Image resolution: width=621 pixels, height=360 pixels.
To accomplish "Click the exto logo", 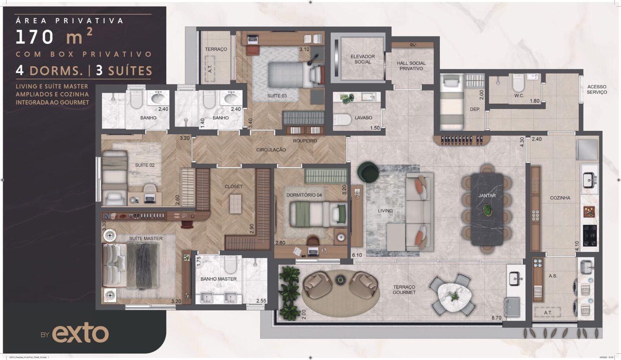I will [80, 334].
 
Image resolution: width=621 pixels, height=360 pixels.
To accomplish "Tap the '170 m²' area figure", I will [54, 37].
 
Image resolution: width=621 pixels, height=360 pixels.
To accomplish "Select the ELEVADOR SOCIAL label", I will [363, 59].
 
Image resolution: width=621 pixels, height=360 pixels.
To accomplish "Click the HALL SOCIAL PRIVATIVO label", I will [411, 66].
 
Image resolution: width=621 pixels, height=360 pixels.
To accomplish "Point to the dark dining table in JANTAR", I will [487, 209].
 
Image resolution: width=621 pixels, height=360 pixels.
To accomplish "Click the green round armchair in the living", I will [368, 172].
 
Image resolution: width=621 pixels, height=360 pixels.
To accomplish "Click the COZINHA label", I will [560, 198].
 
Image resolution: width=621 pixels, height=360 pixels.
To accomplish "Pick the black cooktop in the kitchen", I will [590, 235].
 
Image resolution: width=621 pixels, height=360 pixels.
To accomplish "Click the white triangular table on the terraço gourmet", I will [454, 296].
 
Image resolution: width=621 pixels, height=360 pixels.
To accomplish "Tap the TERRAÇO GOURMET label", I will [404, 290].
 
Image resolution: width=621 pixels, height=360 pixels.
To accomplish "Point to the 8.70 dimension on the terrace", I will [496, 318].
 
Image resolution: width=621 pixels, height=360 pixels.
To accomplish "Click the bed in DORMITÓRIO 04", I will [318, 214].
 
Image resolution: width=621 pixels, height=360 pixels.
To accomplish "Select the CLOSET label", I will [234, 187].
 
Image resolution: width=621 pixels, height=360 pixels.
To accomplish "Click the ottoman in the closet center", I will [235, 204].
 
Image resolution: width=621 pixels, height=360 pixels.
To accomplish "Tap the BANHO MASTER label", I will [218, 279].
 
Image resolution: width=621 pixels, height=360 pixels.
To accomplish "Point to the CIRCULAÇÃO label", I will [271, 150].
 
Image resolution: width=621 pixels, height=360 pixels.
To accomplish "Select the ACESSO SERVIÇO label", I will [596, 89].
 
